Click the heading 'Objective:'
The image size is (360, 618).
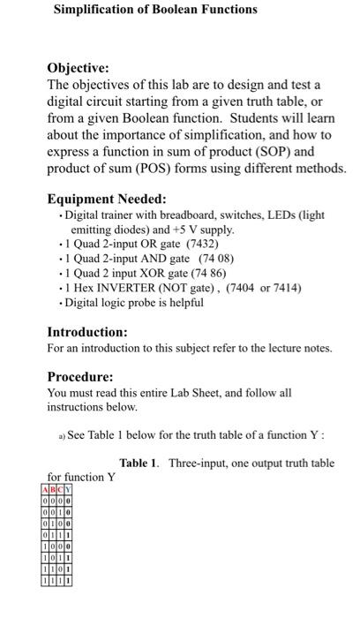pyautogui.click(x=79, y=68)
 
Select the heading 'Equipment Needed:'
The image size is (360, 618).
pyautogui.click(x=107, y=200)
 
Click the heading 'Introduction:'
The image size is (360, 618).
pyautogui.click(x=87, y=332)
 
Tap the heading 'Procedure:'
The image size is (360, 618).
pyautogui.click(x=80, y=375)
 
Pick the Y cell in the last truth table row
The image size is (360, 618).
pyautogui.click(x=68, y=581)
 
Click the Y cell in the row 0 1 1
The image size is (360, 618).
pyautogui.click(x=68, y=535)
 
